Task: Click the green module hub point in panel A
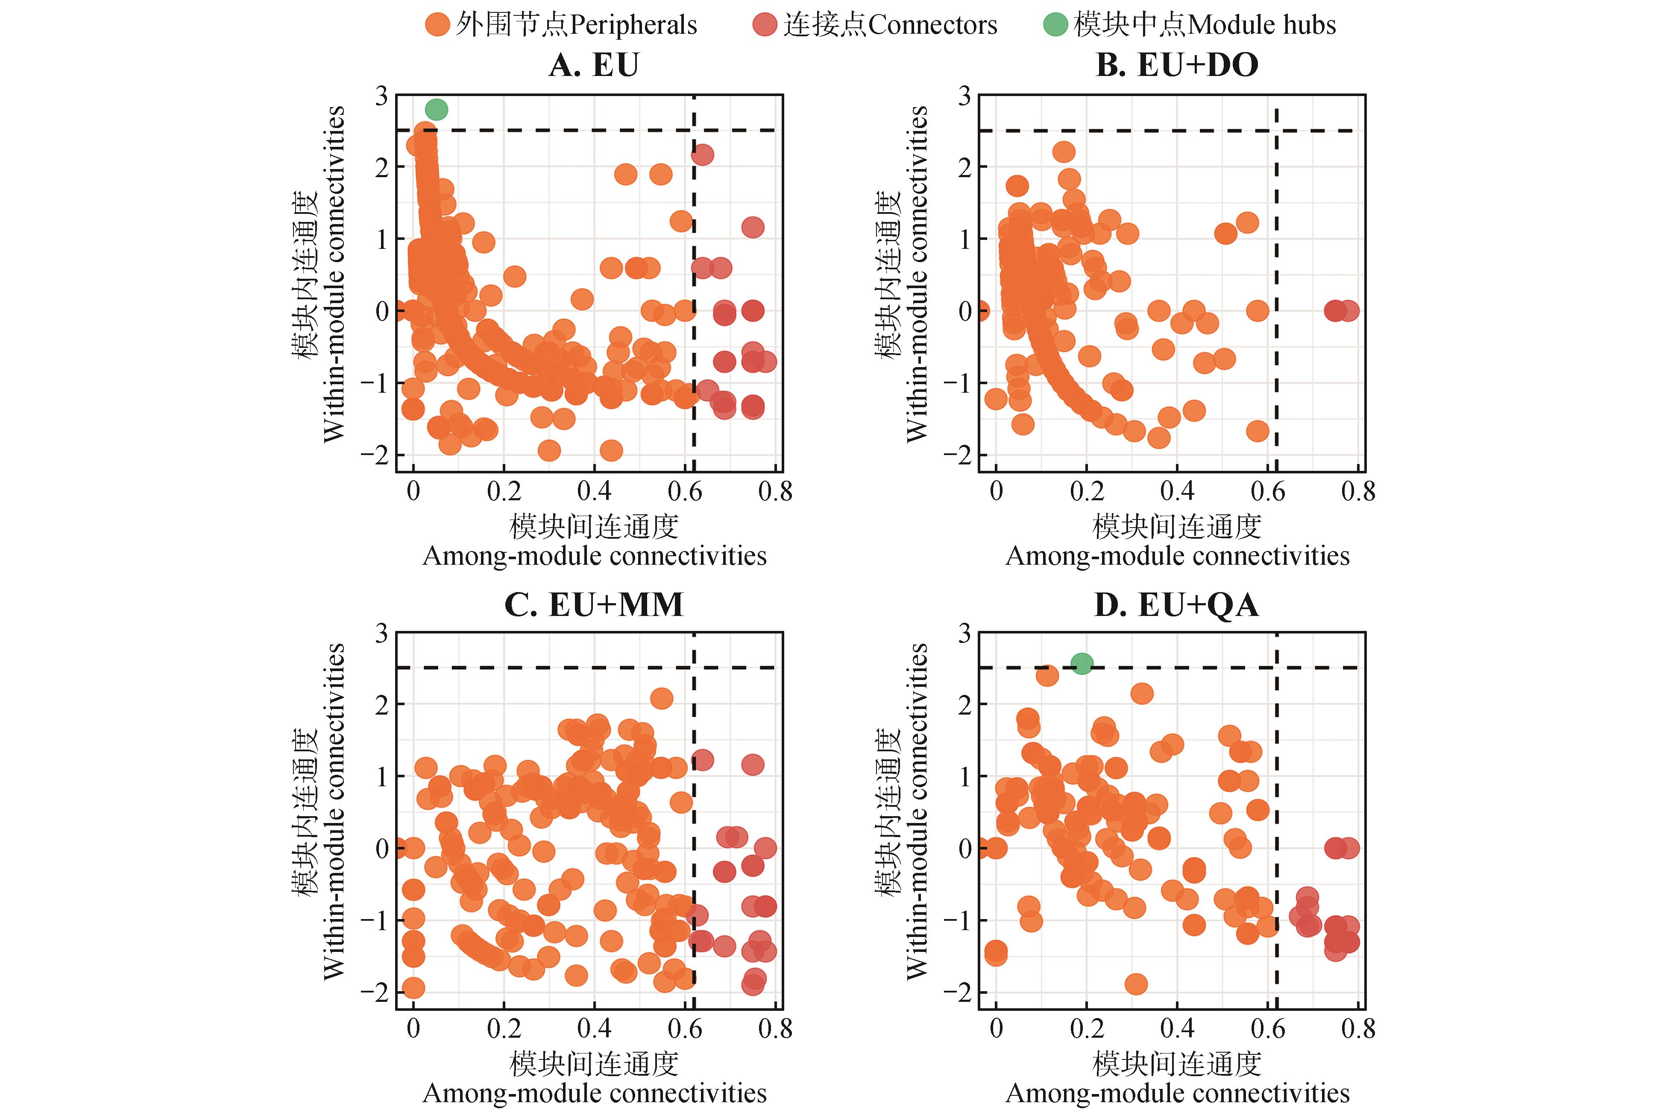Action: click(x=437, y=110)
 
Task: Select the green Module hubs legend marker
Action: click(x=1055, y=25)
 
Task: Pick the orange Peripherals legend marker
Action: click(x=437, y=25)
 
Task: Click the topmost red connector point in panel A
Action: click(x=702, y=154)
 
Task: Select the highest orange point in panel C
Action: click(x=662, y=698)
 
